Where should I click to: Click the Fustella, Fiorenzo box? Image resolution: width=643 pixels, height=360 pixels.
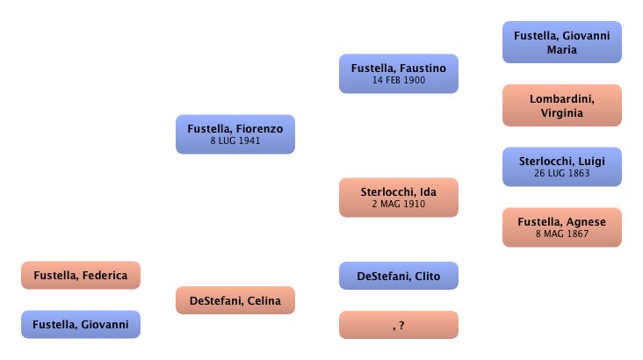click(235, 133)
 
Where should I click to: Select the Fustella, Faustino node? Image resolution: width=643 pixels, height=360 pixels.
click(398, 73)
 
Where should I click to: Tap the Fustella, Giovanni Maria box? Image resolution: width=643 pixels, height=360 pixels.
click(561, 42)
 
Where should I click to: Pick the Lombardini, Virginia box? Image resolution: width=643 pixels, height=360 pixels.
click(561, 105)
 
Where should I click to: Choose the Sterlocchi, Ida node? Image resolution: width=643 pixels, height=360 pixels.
click(398, 196)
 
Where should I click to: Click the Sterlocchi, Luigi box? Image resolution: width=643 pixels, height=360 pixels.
click(561, 166)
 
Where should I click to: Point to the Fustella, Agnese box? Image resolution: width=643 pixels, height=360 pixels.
click(561, 227)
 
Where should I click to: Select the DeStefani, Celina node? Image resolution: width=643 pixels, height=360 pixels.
click(235, 301)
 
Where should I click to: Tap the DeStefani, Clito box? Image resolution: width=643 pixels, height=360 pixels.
click(398, 277)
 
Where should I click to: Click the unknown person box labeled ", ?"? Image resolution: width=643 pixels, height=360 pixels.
click(398, 326)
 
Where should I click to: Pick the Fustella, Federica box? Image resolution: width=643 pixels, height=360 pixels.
click(80, 276)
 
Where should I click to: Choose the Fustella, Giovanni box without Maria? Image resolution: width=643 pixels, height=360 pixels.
click(80, 325)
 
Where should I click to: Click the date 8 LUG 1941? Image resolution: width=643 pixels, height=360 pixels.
click(235, 140)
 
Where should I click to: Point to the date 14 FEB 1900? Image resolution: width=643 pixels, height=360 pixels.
click(398, 80)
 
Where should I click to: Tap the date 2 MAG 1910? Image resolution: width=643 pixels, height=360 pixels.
click(398, 203)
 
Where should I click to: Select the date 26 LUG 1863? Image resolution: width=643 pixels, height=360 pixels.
click(561, 173)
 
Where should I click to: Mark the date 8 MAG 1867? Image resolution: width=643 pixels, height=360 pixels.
click(561, 234)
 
